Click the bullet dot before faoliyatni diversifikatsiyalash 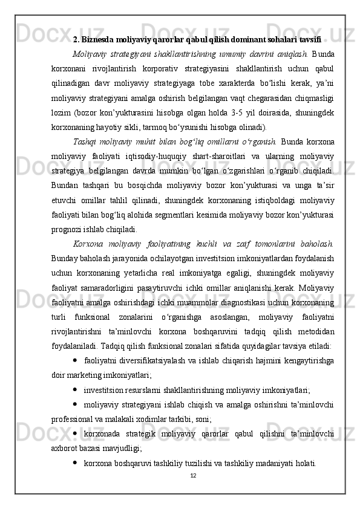(74, 361)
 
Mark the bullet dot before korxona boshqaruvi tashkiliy (74, 462)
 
